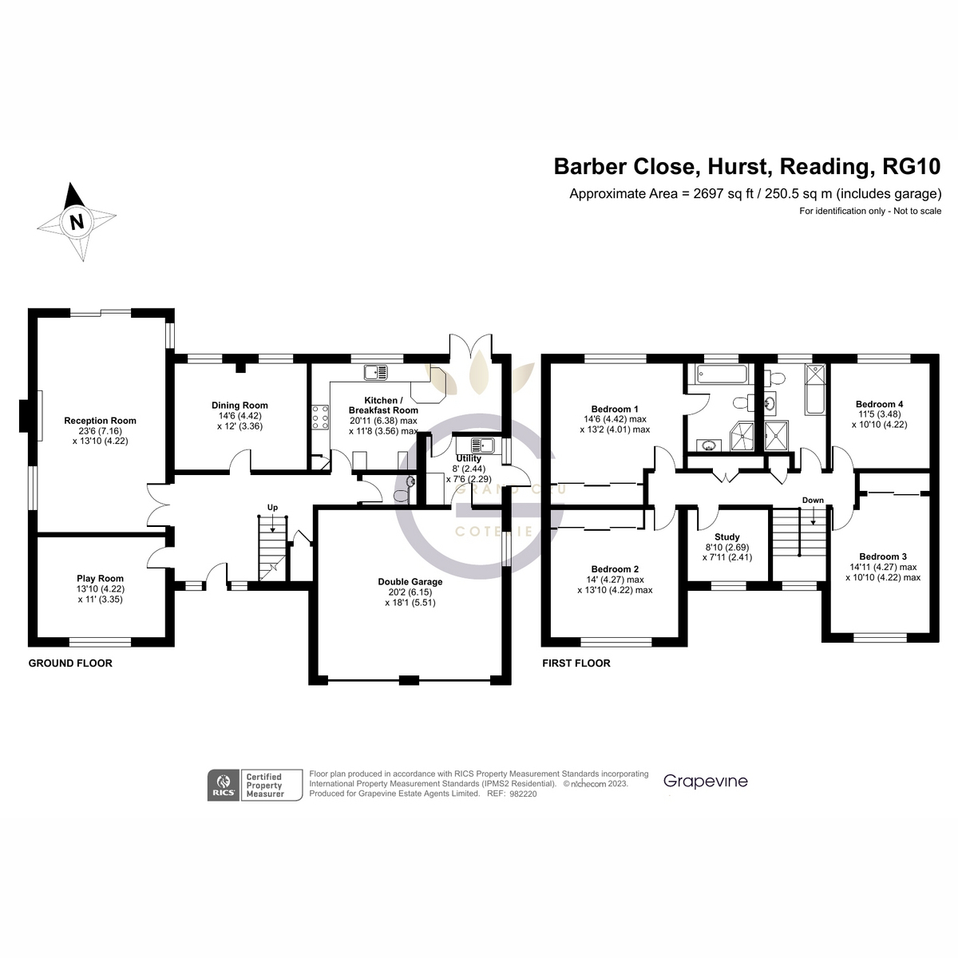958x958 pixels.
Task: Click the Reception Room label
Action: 100,421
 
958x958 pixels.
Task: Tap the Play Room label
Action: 100,579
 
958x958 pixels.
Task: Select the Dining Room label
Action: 239,406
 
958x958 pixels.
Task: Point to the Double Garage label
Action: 410,582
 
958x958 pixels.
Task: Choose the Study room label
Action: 726,537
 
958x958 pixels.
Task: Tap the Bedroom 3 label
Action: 882,556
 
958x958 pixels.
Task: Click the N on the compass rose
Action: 77,223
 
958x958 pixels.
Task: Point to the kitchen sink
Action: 374,371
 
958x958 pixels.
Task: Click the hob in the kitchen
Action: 321,417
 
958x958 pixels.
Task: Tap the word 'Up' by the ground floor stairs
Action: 272,508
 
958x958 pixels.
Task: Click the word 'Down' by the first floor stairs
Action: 813,501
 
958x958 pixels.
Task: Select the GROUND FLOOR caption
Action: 70,663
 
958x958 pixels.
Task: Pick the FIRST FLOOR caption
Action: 576,663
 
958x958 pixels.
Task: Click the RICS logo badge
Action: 222,786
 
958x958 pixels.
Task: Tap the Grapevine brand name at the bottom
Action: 706,781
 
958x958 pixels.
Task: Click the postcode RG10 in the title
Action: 912,167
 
